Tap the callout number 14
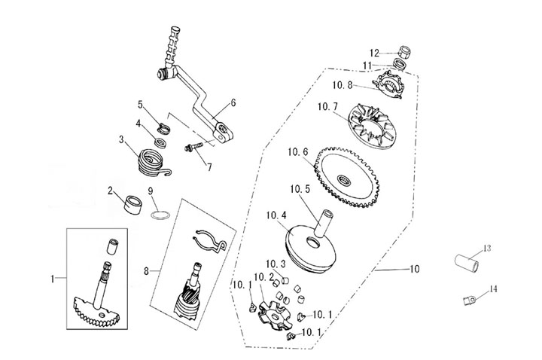click(x=493, y=288)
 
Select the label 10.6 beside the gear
click(x=298, y=151)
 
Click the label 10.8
click(x=343, y=84)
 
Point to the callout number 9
click(x=151, y=190)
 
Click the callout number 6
click(x=233, y=102)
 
